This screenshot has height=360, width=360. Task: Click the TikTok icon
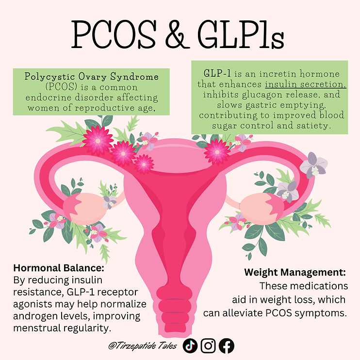click(190, 345)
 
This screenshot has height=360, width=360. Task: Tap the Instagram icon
click(208, 345)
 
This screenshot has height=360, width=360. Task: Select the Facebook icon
click(227, 346)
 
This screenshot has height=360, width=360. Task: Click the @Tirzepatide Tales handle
click(143, 345)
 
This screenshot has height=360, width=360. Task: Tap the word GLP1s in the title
click(241, 34)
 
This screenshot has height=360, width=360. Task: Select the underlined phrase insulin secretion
click(305, 84)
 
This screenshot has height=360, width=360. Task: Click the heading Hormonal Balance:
click(59, 268)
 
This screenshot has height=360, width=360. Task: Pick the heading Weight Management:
click(295, 272)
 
